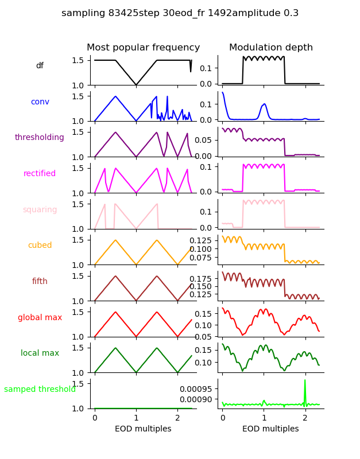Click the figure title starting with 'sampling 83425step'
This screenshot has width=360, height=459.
tap(180, 13)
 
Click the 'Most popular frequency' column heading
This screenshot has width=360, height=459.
tap(143, 48)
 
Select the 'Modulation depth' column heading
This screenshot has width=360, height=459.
tap(271, 48)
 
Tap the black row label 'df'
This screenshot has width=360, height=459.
tap(40, 66)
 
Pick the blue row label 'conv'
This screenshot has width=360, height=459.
tap(40, 102)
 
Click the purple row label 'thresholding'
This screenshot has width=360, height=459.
tap(40, 138)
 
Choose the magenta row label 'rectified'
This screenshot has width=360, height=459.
tap(40, 174)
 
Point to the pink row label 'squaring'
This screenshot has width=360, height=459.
tap(40, 209)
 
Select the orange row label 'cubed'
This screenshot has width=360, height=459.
tap(40, 246)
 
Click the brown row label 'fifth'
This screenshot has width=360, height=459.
tap(40, 282)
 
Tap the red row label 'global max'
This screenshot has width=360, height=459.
tap(40, 317)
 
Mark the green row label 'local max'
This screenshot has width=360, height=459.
tap(40, 353)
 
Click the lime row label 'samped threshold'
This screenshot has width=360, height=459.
tap(40, 390)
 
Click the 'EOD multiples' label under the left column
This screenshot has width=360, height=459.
tap(143, 429)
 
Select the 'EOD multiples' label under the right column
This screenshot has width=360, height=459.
tap(270, 429)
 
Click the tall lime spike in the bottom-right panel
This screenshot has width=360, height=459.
tap(305, 382)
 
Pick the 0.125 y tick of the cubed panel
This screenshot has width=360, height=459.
tap(202, 240)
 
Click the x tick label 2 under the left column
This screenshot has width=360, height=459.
tap(177, 418)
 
